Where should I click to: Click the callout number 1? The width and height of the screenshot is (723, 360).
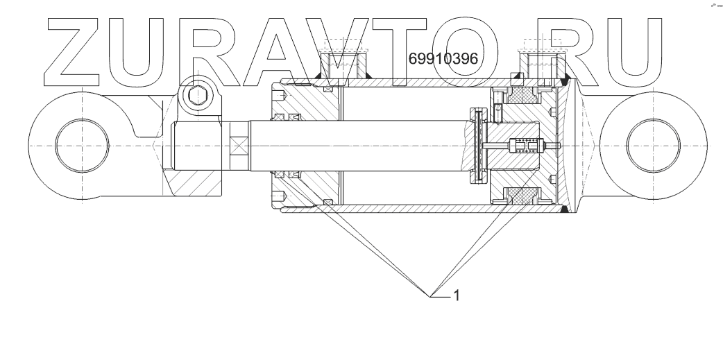tap(457, 295)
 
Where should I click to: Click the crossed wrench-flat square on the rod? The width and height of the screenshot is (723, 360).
tap(239, 147)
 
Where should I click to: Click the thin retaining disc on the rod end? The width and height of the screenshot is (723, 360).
tap(477, 146)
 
